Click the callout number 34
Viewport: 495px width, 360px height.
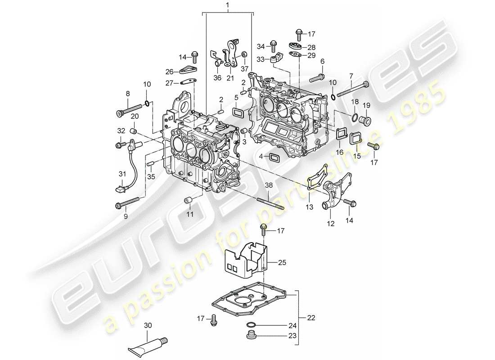click(x=261, y=46)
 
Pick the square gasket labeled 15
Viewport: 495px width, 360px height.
click(x=355, y=139)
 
